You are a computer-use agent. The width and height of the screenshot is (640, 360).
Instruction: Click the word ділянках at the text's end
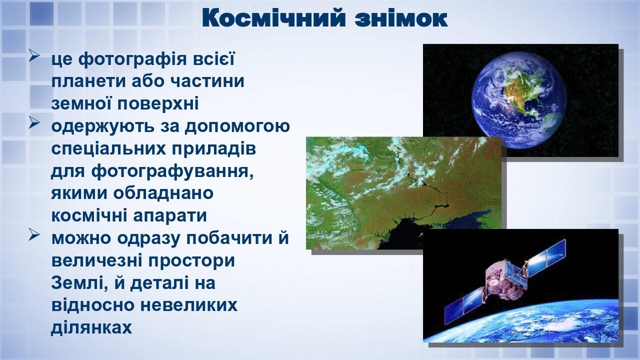91,327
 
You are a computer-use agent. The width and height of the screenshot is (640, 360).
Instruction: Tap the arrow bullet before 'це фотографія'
34,56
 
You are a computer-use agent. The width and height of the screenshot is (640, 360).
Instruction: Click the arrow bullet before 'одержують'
34,123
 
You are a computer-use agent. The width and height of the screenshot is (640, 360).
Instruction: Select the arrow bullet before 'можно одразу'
34,235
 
